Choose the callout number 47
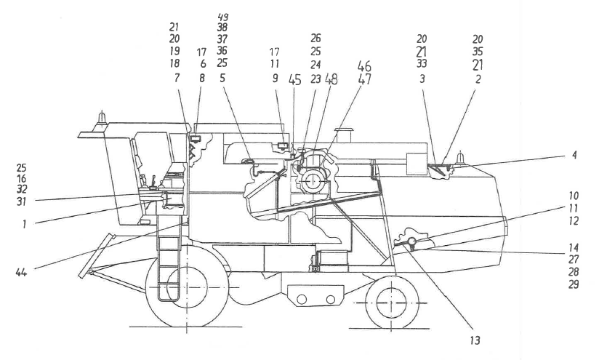[364, 80]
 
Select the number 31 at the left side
[22, 201]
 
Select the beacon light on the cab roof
[102, 116]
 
